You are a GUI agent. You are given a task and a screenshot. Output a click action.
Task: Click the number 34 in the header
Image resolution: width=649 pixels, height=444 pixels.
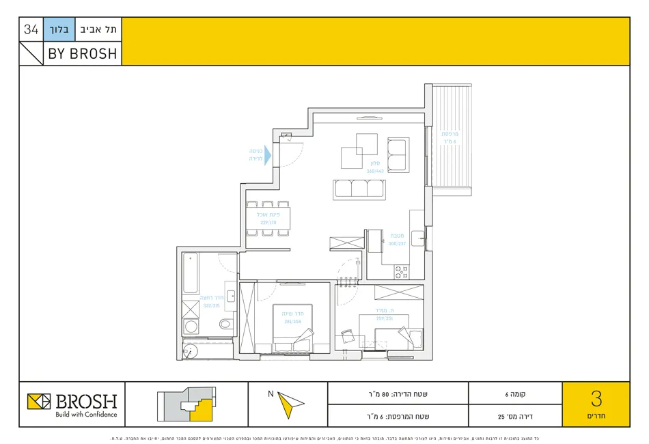point(31,29)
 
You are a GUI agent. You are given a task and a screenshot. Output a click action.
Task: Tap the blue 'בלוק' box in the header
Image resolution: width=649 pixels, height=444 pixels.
point(57,29)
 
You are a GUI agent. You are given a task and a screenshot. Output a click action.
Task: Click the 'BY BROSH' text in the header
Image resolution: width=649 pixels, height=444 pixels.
point(82,53)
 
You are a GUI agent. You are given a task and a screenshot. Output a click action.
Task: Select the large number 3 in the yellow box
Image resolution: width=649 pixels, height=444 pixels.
point(596,398)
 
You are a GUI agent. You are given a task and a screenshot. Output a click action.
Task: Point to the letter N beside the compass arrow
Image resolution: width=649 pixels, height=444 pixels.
point(271,393)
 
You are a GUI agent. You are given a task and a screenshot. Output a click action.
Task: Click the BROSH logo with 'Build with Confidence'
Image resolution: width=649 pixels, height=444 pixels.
point(72,404)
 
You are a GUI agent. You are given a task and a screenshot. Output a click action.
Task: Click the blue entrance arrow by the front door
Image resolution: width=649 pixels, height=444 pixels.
point(267,154)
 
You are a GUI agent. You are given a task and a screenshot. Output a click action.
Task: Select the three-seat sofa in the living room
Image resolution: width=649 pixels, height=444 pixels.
point(357,189)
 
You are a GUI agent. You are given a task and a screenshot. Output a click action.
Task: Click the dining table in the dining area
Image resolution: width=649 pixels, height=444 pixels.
point(268,219)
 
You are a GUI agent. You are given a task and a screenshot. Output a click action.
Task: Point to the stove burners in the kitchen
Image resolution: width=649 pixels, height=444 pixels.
point(401,272)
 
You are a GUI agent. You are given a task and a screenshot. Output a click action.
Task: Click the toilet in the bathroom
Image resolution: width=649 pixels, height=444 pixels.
point(191,326)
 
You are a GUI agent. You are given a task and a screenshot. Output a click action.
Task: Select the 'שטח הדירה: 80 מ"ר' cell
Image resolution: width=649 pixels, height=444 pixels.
point(398,393)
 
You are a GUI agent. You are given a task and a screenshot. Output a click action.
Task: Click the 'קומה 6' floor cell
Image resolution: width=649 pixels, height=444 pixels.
point(515,393)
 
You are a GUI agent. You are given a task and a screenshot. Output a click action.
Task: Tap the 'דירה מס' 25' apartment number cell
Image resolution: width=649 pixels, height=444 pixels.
point(515,415)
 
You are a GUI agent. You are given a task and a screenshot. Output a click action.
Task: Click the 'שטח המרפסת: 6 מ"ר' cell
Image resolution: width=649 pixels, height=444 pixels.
point(398,415)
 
